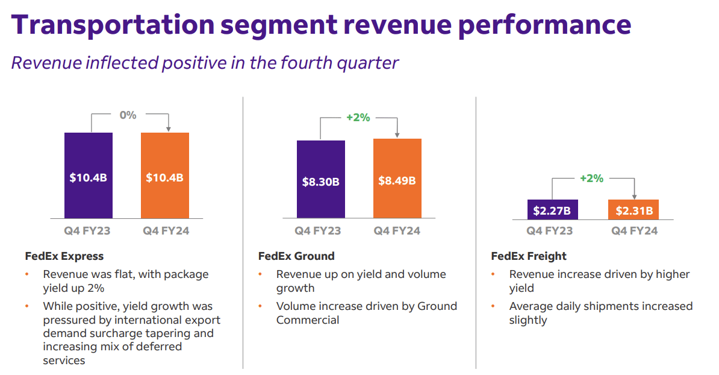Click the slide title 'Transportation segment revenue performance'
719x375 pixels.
coord(321,25)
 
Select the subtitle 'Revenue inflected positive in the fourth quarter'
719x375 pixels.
coord(205,63)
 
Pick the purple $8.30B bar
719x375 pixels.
coord(320,179)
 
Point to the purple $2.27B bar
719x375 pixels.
coord(552,209)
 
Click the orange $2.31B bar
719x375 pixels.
coord(633,209)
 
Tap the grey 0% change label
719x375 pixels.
coord(128,115)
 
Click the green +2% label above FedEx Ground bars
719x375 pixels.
coord(358,118)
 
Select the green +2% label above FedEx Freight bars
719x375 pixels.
coord(591,178)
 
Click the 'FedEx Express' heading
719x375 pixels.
coord(64,256)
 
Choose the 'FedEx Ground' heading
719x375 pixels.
coord(296,256)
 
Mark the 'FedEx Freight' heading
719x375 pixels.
coord(529,256)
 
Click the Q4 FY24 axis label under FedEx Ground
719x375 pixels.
coord(397,231)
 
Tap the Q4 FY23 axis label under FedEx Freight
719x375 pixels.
coord(549,231)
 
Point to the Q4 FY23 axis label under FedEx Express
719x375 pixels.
coord(87,231)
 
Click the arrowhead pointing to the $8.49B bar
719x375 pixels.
coord(397,135)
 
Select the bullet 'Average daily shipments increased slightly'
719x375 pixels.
coord(600,313)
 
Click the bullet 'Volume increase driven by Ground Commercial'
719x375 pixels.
coord(366,313)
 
